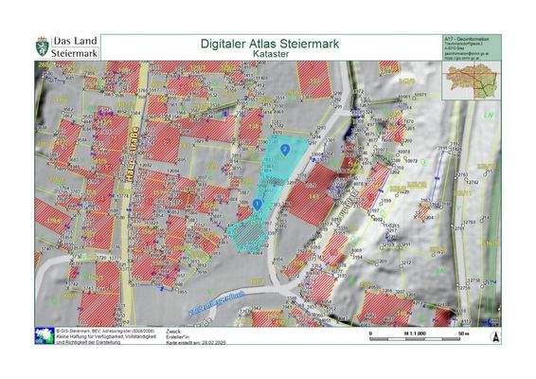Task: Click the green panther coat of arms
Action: click(43, 47)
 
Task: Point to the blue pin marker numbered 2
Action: click(285, 150)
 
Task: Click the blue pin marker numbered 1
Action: click(258, 203)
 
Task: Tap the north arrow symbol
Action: click(491, 334)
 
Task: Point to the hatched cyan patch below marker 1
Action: click(248, 232)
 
